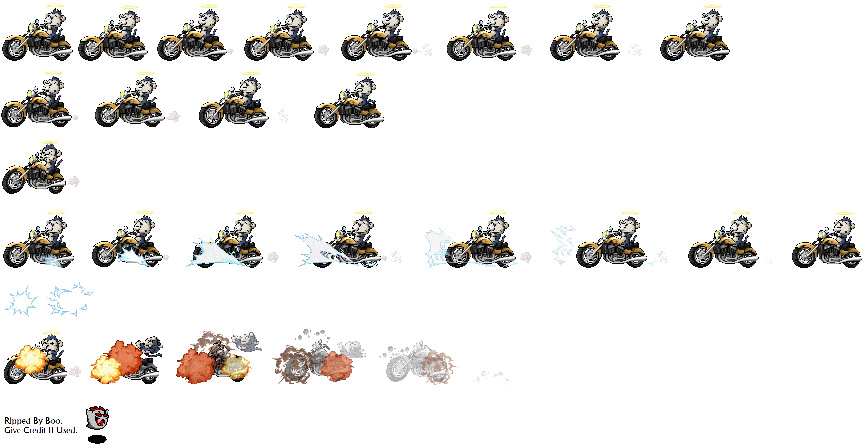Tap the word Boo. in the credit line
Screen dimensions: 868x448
click(54, 421)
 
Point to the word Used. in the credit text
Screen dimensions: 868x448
click(67, 430)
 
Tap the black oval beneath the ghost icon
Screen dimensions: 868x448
click(97, 439)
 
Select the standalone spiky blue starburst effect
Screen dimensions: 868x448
click(21, 301)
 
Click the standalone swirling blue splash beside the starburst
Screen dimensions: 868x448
click(70, 300)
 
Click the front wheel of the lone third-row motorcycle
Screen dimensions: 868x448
click(13, 182)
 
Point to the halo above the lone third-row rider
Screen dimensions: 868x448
click(49, 142)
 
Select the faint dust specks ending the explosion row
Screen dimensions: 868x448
click(491, 377)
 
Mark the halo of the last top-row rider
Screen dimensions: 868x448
click(712, 7)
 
